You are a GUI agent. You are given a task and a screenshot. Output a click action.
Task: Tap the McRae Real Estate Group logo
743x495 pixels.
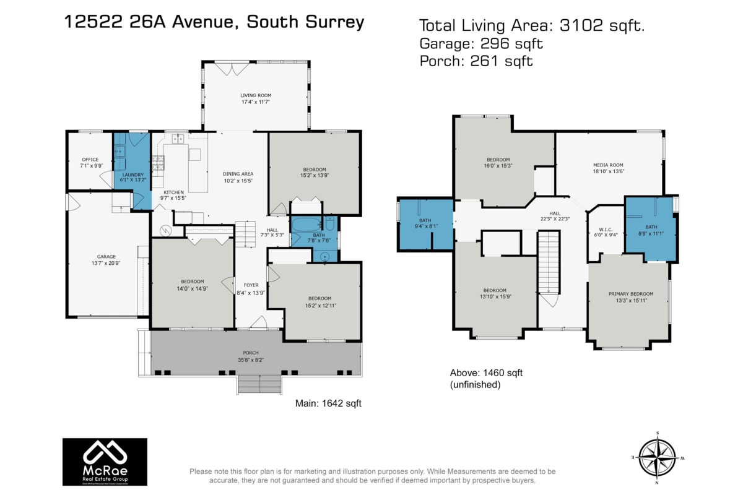105,462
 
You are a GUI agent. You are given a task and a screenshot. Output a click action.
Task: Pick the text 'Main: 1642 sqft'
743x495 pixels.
328,403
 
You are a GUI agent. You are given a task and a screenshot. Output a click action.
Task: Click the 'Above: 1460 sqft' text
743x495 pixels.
486,372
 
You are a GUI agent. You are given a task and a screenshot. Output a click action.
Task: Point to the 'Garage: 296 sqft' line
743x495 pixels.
481,43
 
